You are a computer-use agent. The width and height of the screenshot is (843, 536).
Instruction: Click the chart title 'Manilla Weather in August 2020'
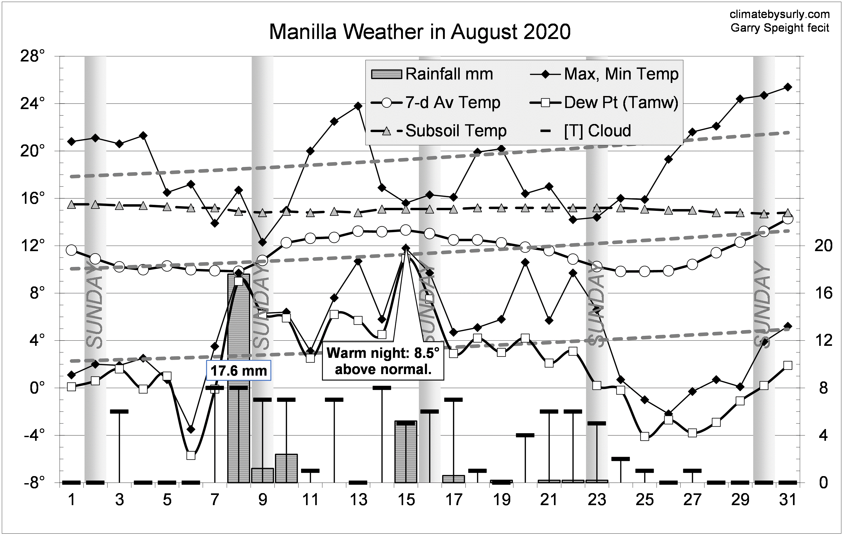click(420, 32)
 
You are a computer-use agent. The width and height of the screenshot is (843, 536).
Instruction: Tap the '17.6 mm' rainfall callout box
click(239, 370)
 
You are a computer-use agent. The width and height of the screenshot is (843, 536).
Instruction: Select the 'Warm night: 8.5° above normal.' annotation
click(383, 361)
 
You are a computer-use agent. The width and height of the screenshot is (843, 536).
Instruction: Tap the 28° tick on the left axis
click(32, 56)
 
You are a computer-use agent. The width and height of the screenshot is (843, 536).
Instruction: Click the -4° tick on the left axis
click(34, 435)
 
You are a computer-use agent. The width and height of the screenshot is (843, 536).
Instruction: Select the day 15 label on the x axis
click(406, 500)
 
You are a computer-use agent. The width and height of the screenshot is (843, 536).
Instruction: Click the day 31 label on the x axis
click(788, 500)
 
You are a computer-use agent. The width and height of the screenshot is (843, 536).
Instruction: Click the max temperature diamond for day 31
click(788, 87)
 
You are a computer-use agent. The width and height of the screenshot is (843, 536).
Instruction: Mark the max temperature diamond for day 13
click(358, 106)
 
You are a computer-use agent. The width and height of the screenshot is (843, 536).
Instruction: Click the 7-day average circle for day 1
click(71, 250)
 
